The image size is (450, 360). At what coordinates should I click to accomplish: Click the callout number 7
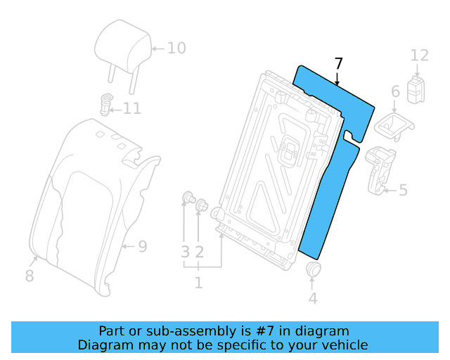[x=339, y=64]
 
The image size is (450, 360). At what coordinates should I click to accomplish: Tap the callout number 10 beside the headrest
[x=176, y=48]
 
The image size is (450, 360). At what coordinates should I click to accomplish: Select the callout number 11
[x=131, y=108]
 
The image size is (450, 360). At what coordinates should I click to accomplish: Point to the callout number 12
[x=419, y=55]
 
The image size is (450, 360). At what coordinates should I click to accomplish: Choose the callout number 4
[x=313, y=298]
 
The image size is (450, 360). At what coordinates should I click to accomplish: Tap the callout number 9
[x=142, y=246]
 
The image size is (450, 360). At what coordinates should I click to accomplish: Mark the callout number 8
[x=29, y=276]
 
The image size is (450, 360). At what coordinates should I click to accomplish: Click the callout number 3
[x=185, y=251]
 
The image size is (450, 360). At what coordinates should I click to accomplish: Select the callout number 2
[x=200, y=251]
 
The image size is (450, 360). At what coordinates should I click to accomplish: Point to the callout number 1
[x=198, y=283]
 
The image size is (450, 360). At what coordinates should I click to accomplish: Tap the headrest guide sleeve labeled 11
[x=108, y=103]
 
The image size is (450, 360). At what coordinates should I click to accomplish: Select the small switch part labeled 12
[x=418, y=88]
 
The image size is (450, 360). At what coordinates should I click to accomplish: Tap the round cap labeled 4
[x=314, y=271]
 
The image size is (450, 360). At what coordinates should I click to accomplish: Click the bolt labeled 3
[x=188, y=197]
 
